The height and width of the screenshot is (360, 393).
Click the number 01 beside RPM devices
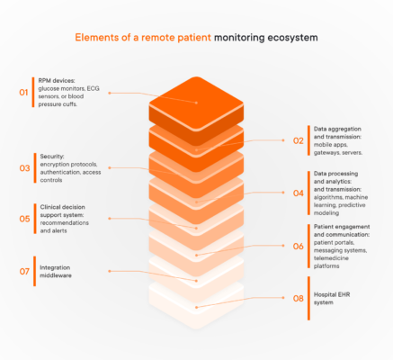pyautogui.click(x=24, y=91)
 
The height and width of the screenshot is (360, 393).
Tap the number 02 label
pyautogui.click(x=299, y=140)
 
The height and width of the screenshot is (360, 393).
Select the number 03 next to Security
pyautogui.click(x=24, y=167)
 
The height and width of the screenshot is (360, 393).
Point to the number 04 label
pyautogui.click(x=299, y=193)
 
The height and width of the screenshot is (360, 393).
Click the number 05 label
pyautogui.click(x=24, y=218)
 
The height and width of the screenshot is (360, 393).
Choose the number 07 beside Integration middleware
pyautogui.click(x=24, y=270)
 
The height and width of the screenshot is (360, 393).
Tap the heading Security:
pyautogui.click(x=54, y=156)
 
